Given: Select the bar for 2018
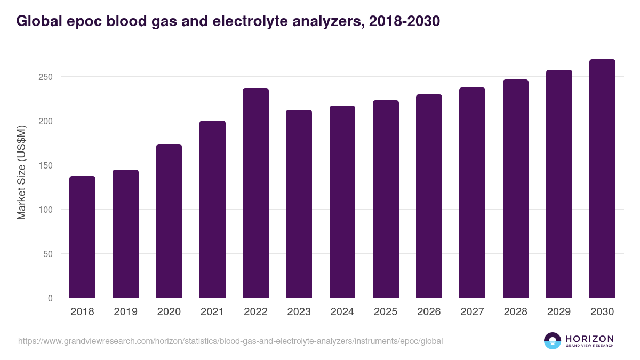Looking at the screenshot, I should point(82,237).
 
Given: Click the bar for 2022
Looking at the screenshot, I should point(255,193).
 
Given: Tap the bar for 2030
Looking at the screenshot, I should point(602,179).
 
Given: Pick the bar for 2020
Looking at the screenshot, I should point(169,221).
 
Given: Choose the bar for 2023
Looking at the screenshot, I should point(299,204).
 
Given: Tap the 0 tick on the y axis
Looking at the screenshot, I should point(50,298).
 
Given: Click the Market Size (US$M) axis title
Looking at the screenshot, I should point(21,172).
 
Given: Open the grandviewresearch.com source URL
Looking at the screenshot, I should point(230,341).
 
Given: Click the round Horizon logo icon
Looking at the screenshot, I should point(553,341).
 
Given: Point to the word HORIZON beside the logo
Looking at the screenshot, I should point(589,339).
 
